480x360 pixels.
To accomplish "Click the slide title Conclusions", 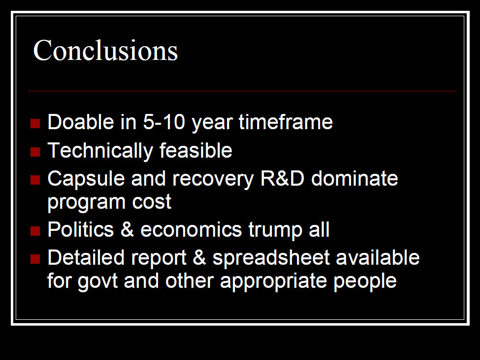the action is click(x=106, y=50).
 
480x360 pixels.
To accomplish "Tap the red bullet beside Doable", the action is click(x=35, y=123).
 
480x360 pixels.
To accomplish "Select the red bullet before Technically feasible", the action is click(x=35, y=152).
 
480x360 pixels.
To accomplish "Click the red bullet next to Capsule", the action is click(x=35, y=180).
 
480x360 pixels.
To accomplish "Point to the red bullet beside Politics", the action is click(x=35, y=231).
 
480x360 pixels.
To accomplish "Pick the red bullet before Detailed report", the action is click(x=35, y=259).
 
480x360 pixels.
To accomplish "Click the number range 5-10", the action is click(x=164, y=122).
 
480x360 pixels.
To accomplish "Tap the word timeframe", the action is click(x=286, y=122).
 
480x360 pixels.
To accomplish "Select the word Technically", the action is click(x=100, y=151).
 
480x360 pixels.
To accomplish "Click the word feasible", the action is click(x=196, y=150).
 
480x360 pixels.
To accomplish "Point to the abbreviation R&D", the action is click(x=282, y=178).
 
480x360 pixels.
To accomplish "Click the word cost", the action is click(x=152, y=202).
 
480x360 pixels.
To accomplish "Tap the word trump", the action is click(x=275, y=230).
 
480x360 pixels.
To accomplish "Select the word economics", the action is click(x=191, y=229).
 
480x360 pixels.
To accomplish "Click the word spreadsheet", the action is click(x=271, y=258).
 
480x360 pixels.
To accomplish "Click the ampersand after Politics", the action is click(x=127, y=229).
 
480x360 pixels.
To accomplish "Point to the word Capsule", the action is click(x=86, y=179).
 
